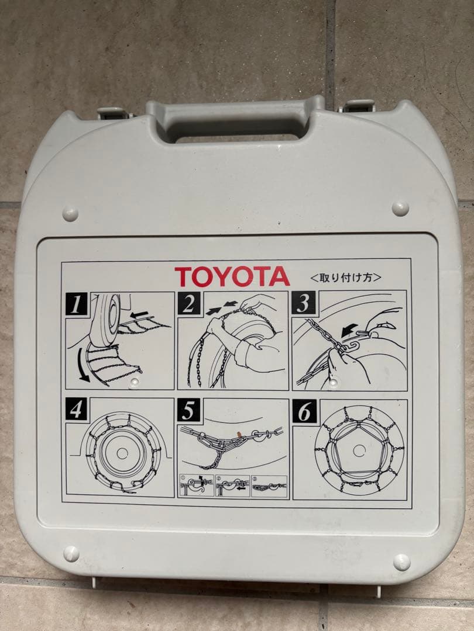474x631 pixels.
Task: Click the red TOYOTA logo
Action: [x=232, y=276]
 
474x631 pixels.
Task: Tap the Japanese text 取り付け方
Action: [x=346, y=278]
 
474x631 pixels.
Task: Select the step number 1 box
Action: [x=76, y=304]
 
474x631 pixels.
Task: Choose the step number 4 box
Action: [x=76, y=409]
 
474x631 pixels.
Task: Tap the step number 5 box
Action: [x=188, y=410]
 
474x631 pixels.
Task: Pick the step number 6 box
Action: [x=304, y=411]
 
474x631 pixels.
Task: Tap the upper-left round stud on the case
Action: [x=70, y=214]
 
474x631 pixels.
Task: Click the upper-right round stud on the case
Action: [x=400, y=209]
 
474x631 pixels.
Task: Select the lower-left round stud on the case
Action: [x=71, y=554]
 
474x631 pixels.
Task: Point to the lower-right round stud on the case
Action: [x=401, y=562]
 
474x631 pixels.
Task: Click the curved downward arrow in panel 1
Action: [x=82, y=365]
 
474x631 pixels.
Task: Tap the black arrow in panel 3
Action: [x=349, y=330]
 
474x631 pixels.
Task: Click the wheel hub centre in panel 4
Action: [x=122, y=453]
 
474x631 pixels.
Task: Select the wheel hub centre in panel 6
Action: [x=359, y=450]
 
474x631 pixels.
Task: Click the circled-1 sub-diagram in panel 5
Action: [x=196, y=486]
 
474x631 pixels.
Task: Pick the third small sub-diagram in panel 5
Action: [x=269, y=486]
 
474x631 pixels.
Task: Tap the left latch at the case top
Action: [x=112, y=113]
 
